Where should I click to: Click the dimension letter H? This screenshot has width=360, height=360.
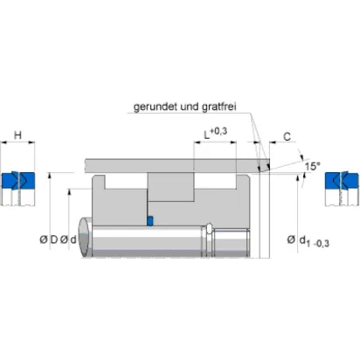tap(17, 135)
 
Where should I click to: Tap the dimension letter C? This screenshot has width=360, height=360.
tap(287, 136)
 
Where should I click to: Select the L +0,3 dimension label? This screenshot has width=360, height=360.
tap(216, 133)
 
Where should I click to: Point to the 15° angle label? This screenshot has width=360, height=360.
tap(312, 166)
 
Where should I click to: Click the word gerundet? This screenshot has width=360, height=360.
tap(156, 107)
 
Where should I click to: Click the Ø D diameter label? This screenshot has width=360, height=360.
tap(49, 239)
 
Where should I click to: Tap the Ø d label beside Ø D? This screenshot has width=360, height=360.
tap(68, 239)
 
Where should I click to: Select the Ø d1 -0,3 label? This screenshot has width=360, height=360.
tap(308, 241)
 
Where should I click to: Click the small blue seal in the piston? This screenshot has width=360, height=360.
tap(150, 221)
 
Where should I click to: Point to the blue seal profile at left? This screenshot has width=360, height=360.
tap(18, 181)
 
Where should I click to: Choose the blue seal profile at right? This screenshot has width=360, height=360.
tap(342, 181)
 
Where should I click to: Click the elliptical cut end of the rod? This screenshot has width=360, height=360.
tap(85, 237)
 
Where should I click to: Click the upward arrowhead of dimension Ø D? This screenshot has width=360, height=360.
tap(50, 175)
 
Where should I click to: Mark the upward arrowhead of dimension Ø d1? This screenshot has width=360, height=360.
tap(297, 177)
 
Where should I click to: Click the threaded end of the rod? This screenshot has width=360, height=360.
tap(232, 243)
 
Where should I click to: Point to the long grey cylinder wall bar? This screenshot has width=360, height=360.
tap(177, 166)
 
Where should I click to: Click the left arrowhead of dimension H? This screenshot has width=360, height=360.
tap(3, 142)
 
